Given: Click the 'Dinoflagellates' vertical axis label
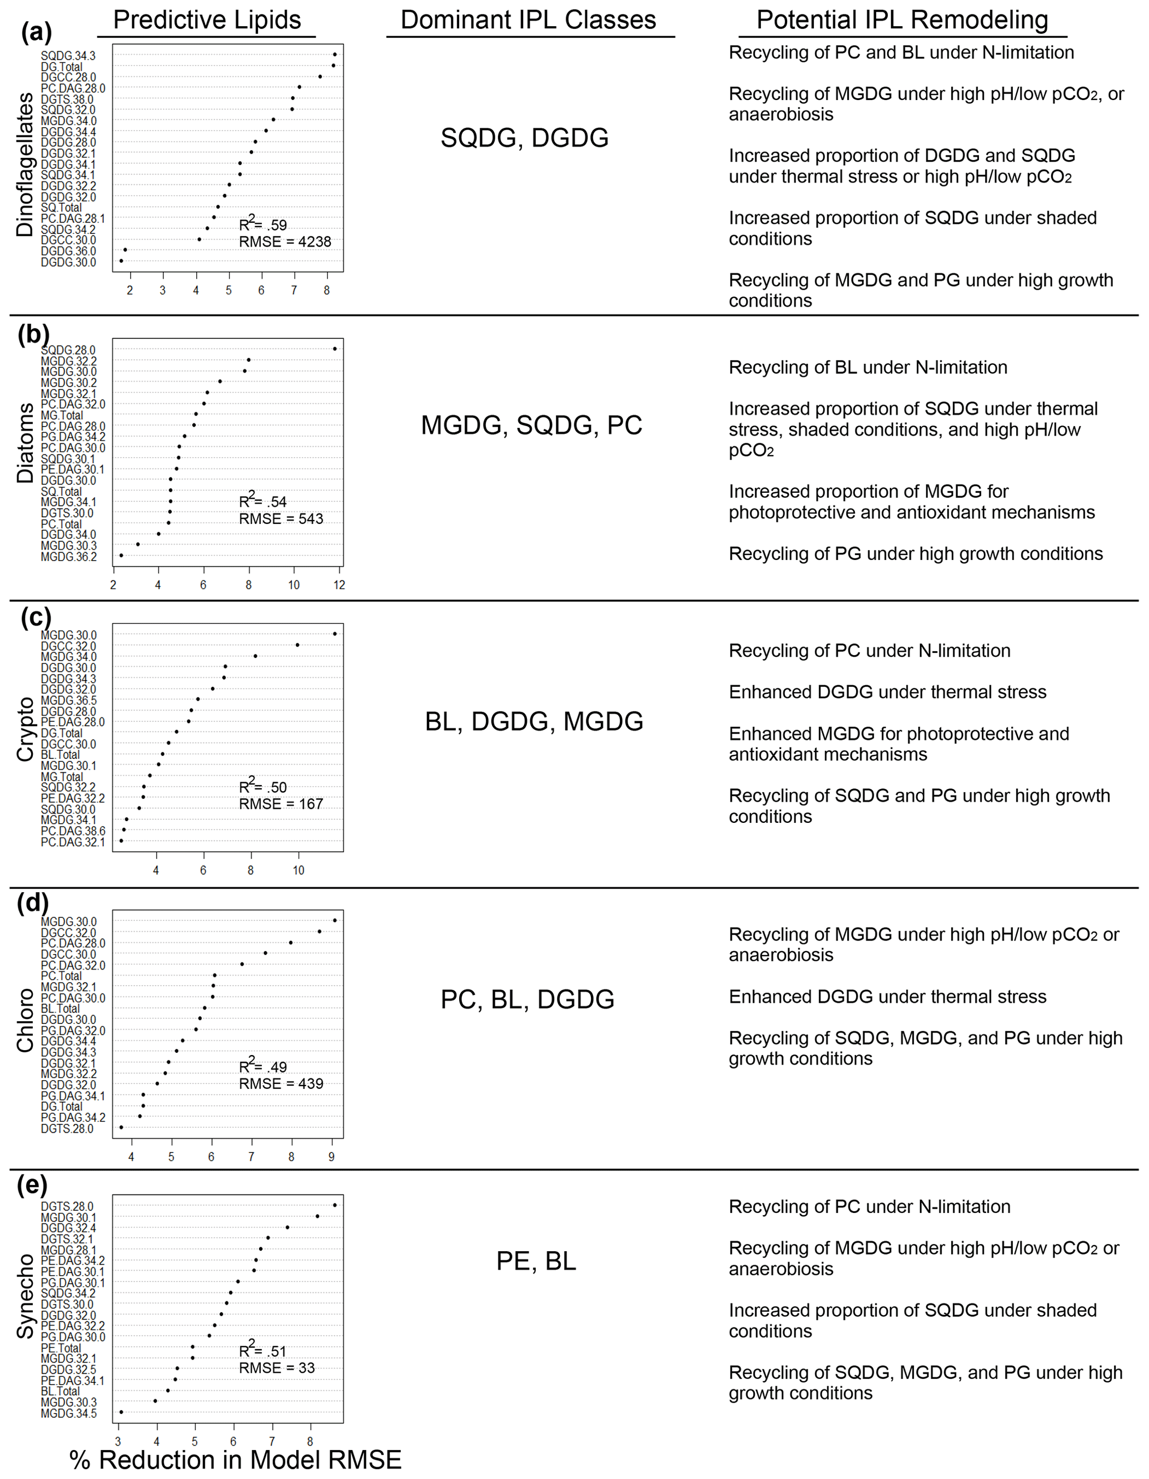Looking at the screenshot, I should pos(25,164).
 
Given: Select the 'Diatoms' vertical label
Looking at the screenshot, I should pos(25,443).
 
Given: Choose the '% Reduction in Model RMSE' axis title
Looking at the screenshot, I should pos(235,1460).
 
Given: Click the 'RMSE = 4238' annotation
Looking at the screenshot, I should pos(285,242).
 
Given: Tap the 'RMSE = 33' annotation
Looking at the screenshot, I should pos(276,1368).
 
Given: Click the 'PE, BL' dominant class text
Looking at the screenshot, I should pos(536,1262).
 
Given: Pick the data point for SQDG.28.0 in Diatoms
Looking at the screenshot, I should pos(335,349).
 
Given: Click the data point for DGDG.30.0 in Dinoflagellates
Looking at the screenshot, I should pos(121,261).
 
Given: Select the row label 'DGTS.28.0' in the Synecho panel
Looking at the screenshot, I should pos(67,1207).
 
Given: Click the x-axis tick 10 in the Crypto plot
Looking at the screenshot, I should pos(298,870).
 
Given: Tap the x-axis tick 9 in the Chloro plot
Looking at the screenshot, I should pos(331,1157).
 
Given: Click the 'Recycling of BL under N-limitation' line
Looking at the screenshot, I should pos(867,368).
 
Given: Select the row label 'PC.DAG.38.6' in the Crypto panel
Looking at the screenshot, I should pos(72,831).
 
